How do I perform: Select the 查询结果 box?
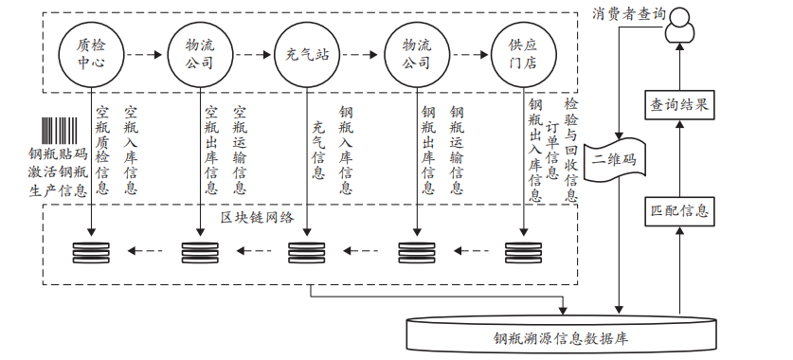[678, 103]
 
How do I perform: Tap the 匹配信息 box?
[678, 209]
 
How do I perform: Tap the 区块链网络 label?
[257, 217]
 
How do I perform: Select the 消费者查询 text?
[628, 13]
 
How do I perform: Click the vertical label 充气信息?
[318, 150]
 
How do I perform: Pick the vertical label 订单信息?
[552, 149]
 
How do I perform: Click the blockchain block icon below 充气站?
[307, 253]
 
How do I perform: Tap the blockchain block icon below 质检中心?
[91, 253]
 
